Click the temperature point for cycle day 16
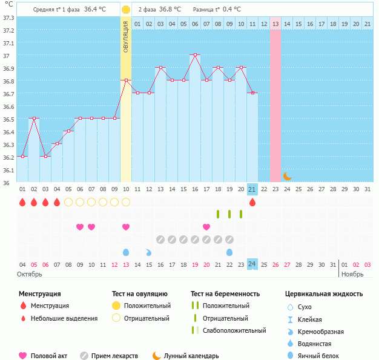195,54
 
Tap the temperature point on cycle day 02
34,119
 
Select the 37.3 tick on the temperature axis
8,18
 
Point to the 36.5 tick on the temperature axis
8,119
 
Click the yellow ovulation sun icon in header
125,10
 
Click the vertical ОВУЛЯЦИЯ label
126,37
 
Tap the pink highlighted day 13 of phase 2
275,24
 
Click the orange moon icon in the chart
287,176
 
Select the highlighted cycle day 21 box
252,189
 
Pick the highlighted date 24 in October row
252,264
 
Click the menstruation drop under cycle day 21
252,202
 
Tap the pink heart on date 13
126,227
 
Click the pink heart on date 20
206,227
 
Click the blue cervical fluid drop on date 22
229,252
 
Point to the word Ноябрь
352,274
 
